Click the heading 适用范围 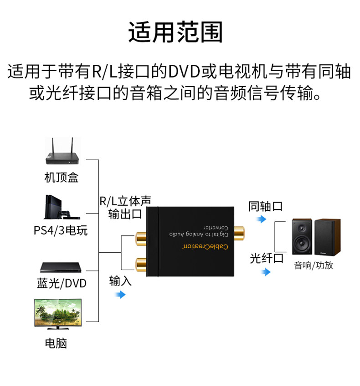pos(175,32)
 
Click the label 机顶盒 pos(62,177)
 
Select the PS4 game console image pos(62,207)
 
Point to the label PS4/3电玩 pos(61,231)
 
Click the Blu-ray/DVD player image pos(61,267)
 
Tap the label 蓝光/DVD pos(62,283)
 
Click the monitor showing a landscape pos(58,314)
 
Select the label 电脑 pos(56,343)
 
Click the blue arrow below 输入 pos(120,294)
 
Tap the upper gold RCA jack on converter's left pos(141,239)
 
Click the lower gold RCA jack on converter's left pos(141,264)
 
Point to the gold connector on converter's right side pos(239,233)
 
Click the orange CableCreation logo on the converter pos(205,246)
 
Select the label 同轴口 pos(265,206)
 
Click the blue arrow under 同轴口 pos(261,219)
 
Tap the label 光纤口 pos(267,258)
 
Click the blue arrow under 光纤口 pos(266,272)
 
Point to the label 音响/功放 pos(314,266)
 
